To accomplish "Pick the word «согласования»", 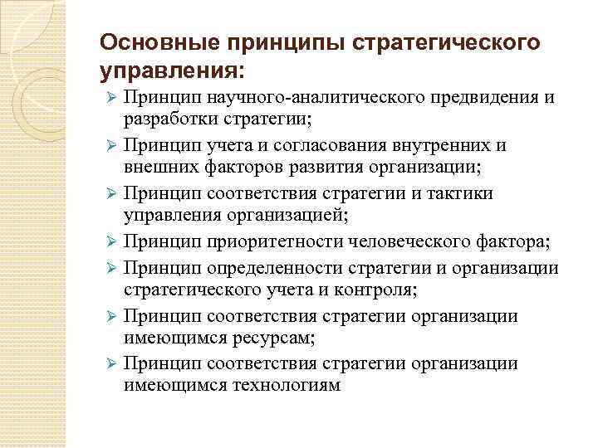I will (316, 145).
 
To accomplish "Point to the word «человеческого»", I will (413, 241).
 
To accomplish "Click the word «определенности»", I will (267, 270).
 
